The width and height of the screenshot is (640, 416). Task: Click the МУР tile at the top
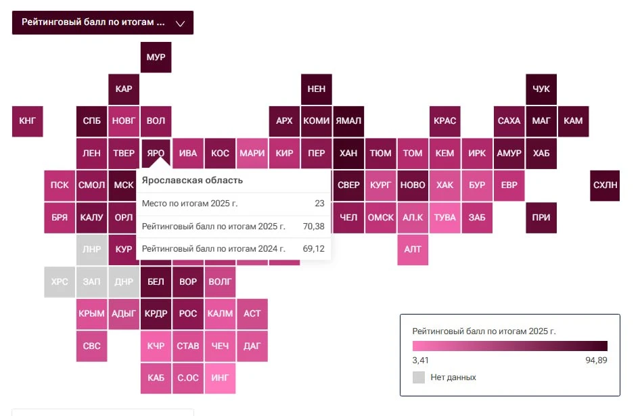click(156, 57)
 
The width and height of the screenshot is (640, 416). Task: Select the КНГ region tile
click(27, 121)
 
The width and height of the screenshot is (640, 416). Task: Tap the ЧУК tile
click(541, 89)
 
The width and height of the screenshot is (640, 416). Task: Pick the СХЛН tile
click(605, 185)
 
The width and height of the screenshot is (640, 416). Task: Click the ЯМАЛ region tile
click(348, 121)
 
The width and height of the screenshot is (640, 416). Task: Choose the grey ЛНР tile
click(91, 250)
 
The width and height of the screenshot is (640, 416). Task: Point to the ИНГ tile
click(220, 378)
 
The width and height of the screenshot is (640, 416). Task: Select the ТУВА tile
click(445, 218)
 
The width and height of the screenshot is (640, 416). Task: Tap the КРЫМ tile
click(91, 314)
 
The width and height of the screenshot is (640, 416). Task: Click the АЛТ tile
click(413, 250)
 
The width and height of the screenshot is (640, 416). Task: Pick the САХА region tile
click(509, 121)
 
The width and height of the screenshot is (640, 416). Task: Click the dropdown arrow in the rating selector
click(180, 23)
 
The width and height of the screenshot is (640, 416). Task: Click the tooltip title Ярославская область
click(192, 181)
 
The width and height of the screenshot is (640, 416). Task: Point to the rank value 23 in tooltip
click(319, 204)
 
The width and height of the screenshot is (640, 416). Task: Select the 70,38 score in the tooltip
click(313, 226)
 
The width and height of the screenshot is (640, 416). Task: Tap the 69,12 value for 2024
click(313, 249)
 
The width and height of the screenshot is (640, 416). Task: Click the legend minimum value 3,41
click(420, 360)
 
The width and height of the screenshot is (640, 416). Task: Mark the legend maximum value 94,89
click(596, 360)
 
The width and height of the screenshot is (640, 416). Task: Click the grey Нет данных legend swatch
click(419, 377)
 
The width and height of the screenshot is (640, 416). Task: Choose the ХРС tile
click(60, 281)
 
